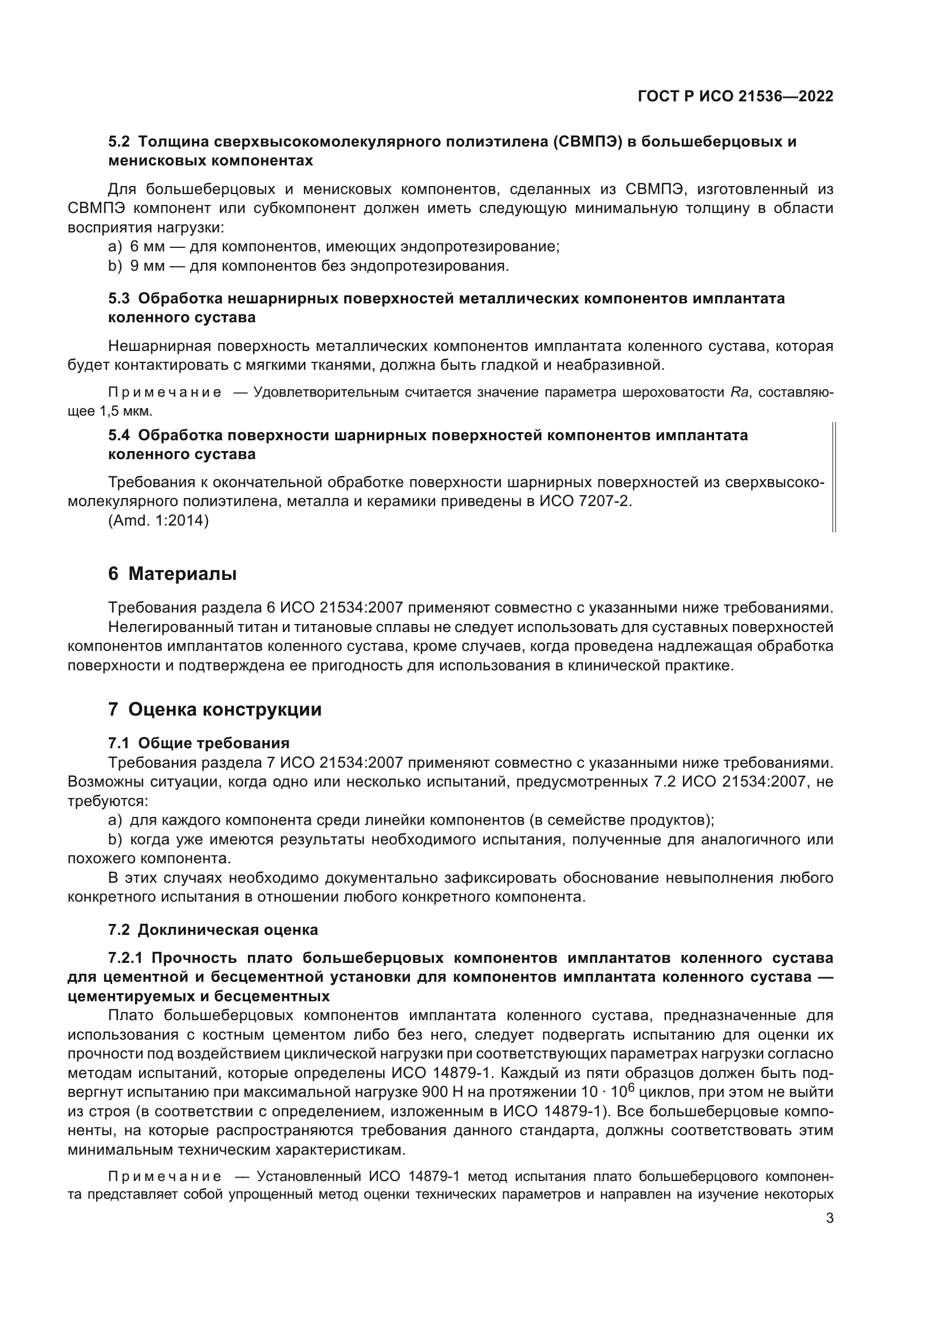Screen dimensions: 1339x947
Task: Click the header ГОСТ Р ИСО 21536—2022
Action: [x=735, y=97]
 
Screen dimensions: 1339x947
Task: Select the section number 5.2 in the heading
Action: [x=120, y=142]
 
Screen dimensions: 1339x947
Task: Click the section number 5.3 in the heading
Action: [x=120, y=299]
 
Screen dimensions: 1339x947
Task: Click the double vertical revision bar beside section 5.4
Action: [x=834, y=477]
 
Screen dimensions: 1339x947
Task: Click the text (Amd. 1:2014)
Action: [x=158, y=520]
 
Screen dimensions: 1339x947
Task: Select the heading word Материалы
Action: [x=182, y=574]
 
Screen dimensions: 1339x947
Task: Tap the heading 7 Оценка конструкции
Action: [x=215, y=709]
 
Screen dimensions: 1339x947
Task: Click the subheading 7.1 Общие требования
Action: [x=198, y=743]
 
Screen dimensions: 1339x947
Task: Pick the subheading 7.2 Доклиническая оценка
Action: [x=213, y=930]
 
